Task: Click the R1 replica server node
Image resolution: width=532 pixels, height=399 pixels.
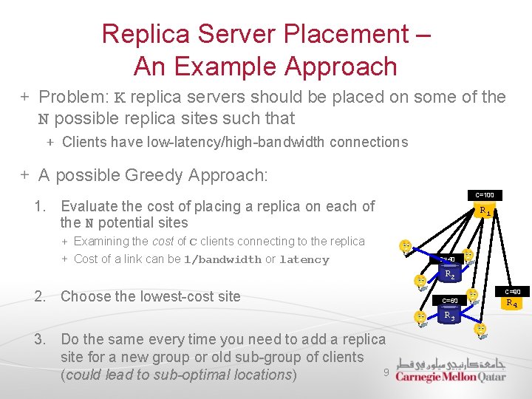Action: (x=485, y=212)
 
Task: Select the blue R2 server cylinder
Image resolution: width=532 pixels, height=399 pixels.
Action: (x=449, y=275)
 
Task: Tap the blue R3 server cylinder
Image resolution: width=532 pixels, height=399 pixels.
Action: (x=449, y=316)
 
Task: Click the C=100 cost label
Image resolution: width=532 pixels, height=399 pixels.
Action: (x=485, y=196)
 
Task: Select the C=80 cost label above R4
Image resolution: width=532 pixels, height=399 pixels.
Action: (x=512, y=292)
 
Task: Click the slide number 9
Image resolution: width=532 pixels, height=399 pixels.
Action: (x=386, y=372)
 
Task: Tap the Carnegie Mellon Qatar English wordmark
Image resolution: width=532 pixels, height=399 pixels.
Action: (x=451, y=377)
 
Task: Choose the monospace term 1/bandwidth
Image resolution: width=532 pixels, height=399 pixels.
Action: (x=222, y=260)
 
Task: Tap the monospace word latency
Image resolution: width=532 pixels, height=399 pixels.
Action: (x=304, y=260)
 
